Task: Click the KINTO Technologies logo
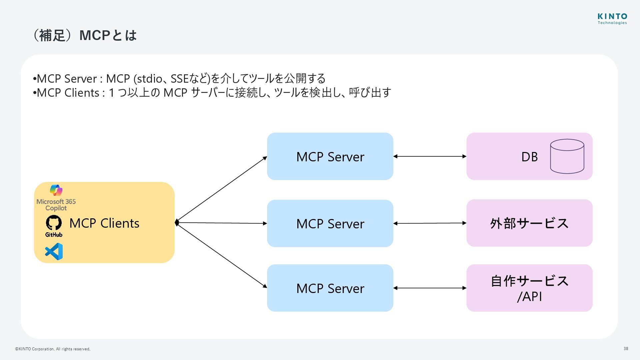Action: [x=612, y=19]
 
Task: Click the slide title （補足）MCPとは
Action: [x=84, y=35]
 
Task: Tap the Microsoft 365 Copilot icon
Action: [x=56, y=190]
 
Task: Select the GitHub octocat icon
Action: [x=54, y=223]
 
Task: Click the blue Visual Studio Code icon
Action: [x=54, y=251]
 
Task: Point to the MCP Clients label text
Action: [x=104, y=223]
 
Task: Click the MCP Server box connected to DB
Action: [x=330, y=156]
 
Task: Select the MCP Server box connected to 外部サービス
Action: [x=330, y=223]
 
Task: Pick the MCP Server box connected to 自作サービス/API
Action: [x=330, y=288]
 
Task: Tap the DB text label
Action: [x=529, y=157]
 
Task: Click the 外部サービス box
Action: [x=529, y=223]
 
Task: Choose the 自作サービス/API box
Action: [x=529, y=288]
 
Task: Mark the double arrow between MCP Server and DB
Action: [x=430, y=156]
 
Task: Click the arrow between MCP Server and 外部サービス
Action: [x=430, y=223]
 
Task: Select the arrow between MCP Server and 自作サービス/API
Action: [x=430, y=288]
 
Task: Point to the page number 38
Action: [x=626, y=349]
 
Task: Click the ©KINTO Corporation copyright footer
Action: [x=53, y=349]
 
